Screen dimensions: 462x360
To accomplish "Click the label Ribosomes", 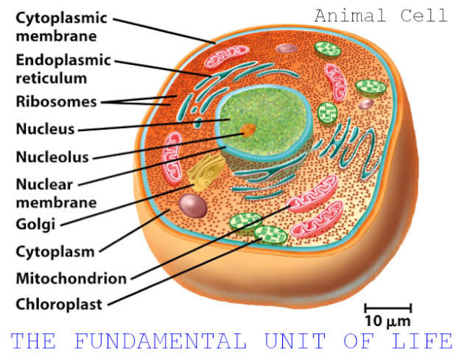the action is tap(56, 102).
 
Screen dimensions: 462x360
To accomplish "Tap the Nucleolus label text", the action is tap(52, 157).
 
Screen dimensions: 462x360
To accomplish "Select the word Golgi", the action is tap(35, 225).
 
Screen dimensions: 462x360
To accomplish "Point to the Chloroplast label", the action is tap(59, 304).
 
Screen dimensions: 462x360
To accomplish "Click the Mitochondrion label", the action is tap(71, 278).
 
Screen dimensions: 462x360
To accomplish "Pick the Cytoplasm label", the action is tap(55, 253).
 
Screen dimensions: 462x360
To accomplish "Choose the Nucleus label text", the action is tap(46, 129).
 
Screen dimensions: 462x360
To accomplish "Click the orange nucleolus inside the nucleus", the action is tap(248, 130).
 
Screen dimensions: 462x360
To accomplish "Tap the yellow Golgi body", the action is tap(206, 172).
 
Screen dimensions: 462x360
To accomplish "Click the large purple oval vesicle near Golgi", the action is tap(193, 205).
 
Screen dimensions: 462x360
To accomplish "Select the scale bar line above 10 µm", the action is tap(388, 308).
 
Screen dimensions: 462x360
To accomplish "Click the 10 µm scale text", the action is tap(388, 321).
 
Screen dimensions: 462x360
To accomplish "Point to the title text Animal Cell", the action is tap(381, 15).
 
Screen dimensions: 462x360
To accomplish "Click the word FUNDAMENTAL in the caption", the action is tap(161, 341).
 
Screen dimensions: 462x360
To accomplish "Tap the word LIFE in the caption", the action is tap(421, 341).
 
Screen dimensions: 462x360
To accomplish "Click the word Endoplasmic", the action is tap(63, 60).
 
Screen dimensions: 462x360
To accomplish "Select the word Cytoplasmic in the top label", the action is tap(61, 18).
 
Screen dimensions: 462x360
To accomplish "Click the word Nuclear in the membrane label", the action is tap(44, 185).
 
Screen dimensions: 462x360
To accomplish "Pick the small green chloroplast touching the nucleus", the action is tap(327, 113).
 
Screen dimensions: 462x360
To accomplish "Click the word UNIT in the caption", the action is tap(295, 341).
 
